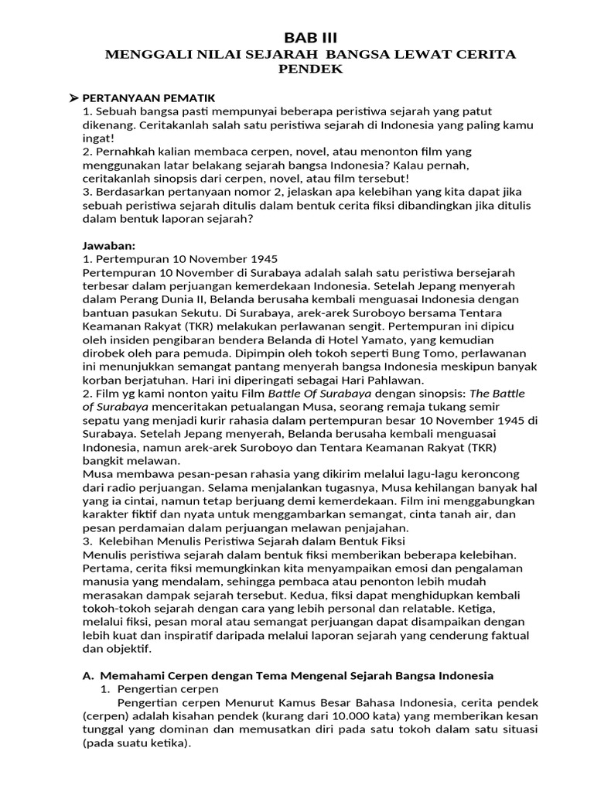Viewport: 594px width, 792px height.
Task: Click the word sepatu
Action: point(100,421)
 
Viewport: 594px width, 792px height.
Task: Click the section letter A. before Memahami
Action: point(88,675)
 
